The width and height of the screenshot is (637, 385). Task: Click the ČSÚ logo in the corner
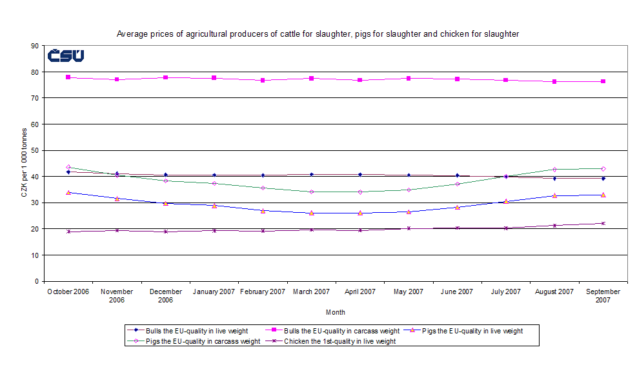point(65,56)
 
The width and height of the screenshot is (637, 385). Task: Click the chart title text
point(318,34)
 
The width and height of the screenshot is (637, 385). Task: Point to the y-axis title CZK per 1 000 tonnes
point(24,164)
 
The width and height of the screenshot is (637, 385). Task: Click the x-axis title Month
point(335,312)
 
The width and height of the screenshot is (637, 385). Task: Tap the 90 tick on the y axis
point(34,46)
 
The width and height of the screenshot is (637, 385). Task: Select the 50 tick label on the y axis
point(34,150)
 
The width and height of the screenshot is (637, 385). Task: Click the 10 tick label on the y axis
point(34,255)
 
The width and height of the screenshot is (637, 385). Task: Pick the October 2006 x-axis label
point(68,292)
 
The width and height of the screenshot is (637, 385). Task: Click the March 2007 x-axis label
point(311,292)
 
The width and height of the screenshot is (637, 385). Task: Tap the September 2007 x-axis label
point(603,296)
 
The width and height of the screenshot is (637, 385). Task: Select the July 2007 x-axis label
point(506,292)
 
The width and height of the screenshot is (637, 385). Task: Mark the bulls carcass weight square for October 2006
point(68,77)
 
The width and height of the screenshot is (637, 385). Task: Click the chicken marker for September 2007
point(603,223)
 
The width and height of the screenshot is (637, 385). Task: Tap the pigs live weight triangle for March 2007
point(311,213)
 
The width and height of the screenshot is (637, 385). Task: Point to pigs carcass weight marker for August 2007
point(554,170)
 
